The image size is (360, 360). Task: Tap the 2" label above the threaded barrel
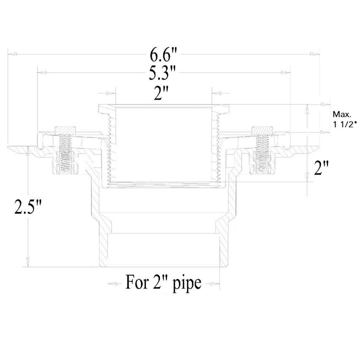(x=161, y=93)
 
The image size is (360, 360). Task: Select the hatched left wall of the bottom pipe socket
(x=103, y=245)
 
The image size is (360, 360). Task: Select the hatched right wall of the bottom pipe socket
(x=224, y=245)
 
